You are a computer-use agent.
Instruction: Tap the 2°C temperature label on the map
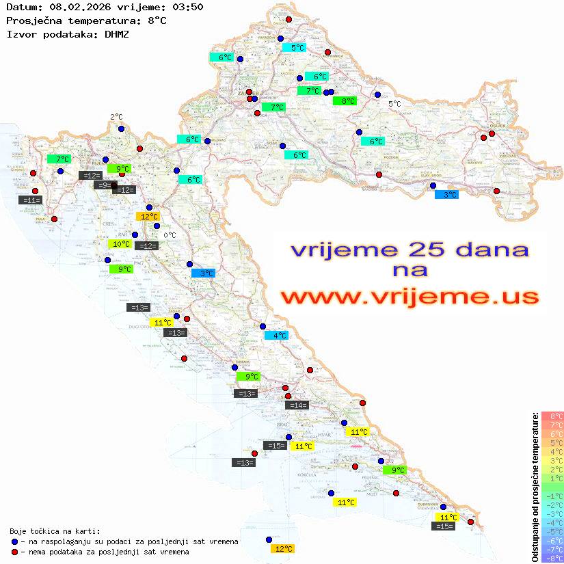coord(116,117)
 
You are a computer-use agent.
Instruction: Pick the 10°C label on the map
coord(121,244)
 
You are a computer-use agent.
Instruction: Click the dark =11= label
coord(31,200)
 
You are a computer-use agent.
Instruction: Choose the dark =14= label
coord(297,405)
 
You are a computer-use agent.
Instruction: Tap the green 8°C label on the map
coord(345,101)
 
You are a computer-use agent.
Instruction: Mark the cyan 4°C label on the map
coord(277,336)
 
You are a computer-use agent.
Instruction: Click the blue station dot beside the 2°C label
coord(121,129)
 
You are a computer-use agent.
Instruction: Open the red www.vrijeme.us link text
coord(409,297)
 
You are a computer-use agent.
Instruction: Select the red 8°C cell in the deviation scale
coord(552,416)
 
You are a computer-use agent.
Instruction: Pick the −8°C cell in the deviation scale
coord(552,559)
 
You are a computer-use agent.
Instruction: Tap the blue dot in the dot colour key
coord(14,541)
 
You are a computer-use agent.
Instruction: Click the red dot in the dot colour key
coord(14,552)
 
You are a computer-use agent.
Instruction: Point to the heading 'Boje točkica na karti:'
coord(55,531)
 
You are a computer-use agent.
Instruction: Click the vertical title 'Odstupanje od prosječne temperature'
coord(535,486)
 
